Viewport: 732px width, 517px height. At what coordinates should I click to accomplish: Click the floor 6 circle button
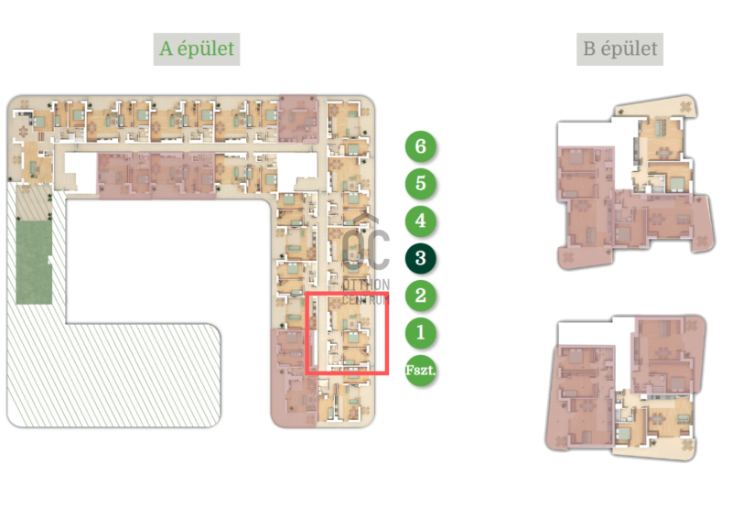[421, 146]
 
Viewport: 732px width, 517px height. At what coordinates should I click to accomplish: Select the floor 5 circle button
[421, 184]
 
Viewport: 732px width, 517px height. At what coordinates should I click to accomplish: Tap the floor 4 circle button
[421, 221]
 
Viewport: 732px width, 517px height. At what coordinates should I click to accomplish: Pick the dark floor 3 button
[421, 258]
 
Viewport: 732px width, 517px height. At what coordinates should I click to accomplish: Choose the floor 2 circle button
[421, 296]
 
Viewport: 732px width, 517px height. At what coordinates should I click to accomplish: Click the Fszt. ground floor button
[421, 371]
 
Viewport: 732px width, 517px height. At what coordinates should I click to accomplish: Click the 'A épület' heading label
[197, 48]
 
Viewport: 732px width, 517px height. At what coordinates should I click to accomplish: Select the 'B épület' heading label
[620, 48]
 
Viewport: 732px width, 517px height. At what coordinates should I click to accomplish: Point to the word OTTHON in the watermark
[366, 285]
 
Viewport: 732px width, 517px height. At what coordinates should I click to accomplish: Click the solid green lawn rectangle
[34, 262]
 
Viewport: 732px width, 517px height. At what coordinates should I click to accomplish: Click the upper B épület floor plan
[636, 183]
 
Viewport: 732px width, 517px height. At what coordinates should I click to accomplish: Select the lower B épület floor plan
[626, 388]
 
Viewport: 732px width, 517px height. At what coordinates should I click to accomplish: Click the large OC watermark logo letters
[365, 248]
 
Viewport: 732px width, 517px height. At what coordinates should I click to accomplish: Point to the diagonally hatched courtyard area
[117, 373]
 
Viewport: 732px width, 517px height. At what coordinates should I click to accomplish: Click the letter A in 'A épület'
[166, 48]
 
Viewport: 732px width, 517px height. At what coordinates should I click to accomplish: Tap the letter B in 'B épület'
[589, 48]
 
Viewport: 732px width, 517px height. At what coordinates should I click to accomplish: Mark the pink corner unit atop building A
[298, 119]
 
